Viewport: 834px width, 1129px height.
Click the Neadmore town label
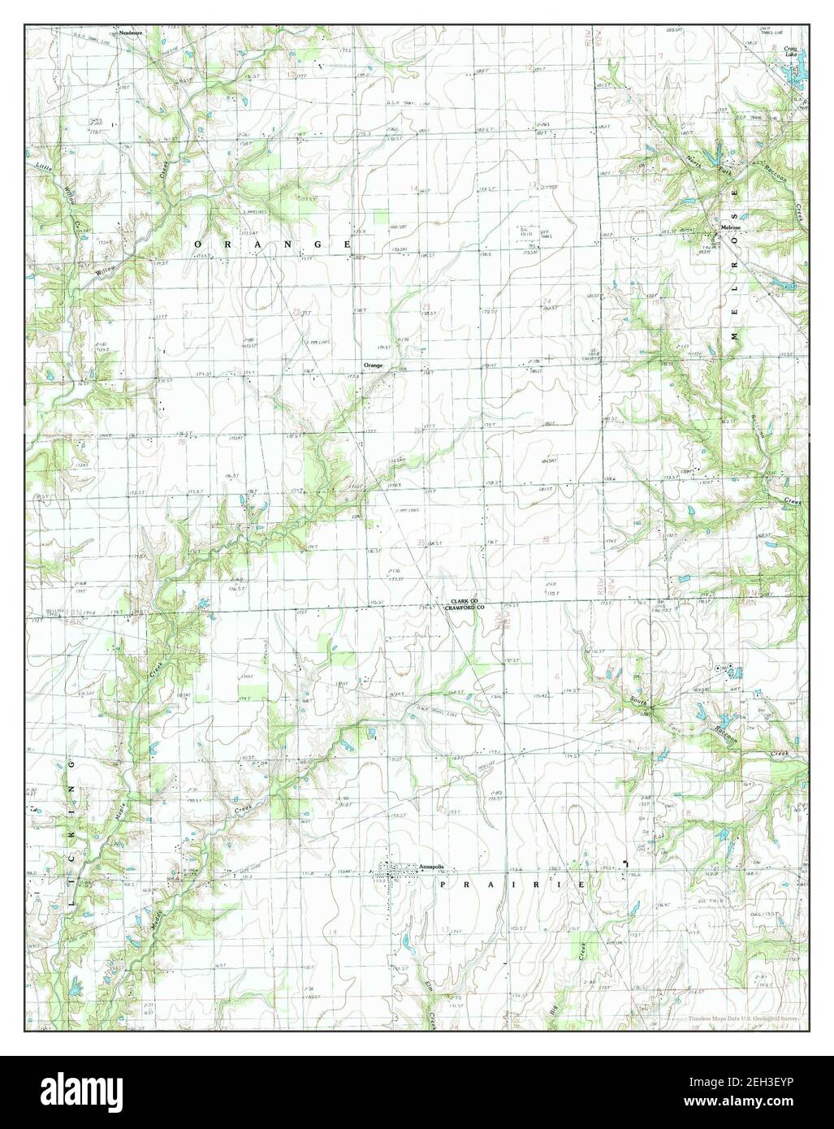click(x=130, y=33)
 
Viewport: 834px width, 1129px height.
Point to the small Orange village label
click(x=373, y=366)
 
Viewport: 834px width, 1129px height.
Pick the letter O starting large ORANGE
click(x=197, y=244)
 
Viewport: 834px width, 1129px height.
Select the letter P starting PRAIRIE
click(x=443, y=883)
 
